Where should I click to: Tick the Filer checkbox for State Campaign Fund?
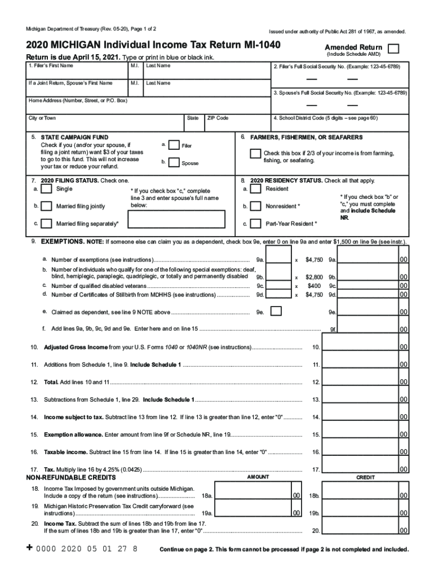(x=175, y=145)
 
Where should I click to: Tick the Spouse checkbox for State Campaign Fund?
(x=175, y=162)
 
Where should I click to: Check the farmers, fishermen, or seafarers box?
(x=255, y=154)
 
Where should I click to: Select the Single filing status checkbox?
(x=47, y=189)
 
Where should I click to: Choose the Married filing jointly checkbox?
(x=47, y=206)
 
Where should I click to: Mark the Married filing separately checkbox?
(x=47, y=223)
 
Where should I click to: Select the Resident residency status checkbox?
(x=255, y=189)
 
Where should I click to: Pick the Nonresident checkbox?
(x=255, y=206)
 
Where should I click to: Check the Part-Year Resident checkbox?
(x=255, y=224)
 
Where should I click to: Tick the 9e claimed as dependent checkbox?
(x=276, y=312)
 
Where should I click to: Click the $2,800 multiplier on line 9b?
(x=314, y=277)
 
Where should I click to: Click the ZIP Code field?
(x=237, y=122)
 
